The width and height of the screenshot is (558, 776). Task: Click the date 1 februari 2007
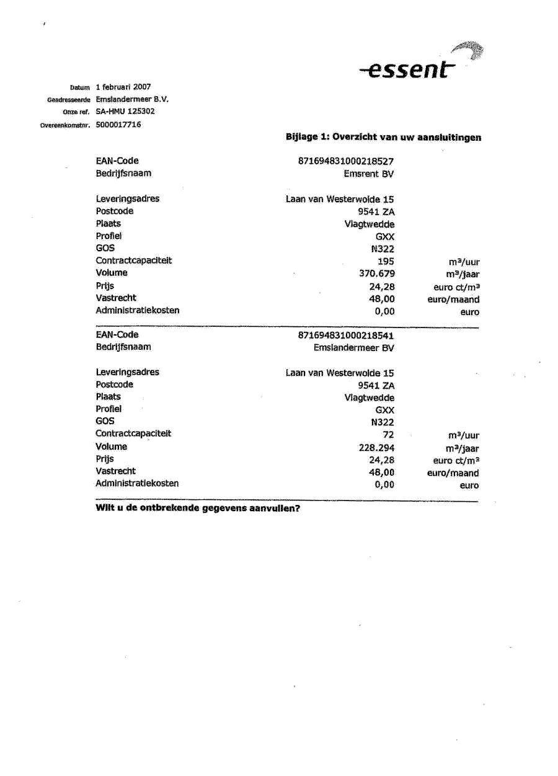[x=123, y=87]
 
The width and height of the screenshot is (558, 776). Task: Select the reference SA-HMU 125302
[x=125, y=112]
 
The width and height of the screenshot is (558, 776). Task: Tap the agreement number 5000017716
[x=118, y=125]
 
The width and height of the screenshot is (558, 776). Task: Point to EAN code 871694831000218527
[x=346, y=161]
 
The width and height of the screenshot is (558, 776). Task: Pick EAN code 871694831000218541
[x=346, y=335]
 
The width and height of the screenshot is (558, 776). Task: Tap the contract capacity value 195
[x=385, y=261]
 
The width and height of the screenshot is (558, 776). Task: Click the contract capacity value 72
[x=388, y=435]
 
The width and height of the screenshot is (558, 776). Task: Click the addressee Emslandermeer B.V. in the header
[x=132, y=99]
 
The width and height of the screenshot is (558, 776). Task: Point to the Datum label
[x=80, y=87]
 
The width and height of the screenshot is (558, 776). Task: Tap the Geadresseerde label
[x=69, y=100]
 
